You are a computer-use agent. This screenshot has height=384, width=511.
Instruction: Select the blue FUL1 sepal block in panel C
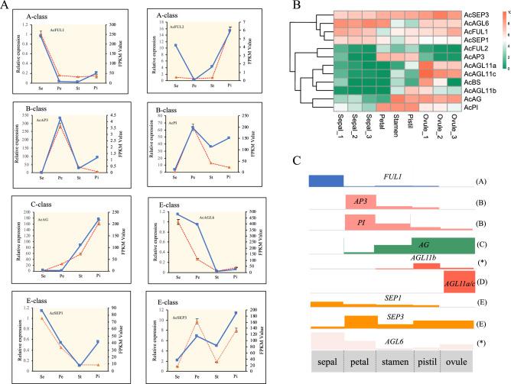[326, 181]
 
